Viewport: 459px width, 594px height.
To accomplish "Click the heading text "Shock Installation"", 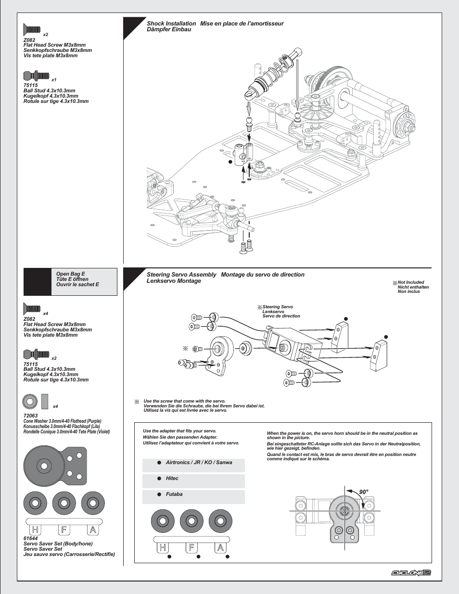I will [x=171, y=24].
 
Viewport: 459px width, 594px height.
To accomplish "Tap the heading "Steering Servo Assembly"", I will [x=181, y=275].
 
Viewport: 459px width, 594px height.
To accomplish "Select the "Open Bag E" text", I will [x=70, y=274].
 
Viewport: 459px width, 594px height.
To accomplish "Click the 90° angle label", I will [x=363, y=492].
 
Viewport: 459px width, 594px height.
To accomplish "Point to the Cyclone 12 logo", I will [x=410, y=572].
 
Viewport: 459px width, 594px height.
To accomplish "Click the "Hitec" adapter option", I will [x=172, y=479].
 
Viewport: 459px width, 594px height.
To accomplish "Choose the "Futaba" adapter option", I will [x=174, y=494].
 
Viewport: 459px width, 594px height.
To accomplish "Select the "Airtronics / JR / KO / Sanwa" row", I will [x=199, y=463].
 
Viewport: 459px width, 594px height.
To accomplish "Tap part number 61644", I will [x=30, y=538].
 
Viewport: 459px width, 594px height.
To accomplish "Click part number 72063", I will [x=30, y=416].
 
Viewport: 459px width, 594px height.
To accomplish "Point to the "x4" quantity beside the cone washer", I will [x=55, y=406].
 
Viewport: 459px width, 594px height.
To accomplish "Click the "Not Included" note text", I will [x=411, y=283].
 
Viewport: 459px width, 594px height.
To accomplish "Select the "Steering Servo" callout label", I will [x=278, y=307].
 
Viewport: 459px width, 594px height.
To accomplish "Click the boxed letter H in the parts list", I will [x=35, y=530].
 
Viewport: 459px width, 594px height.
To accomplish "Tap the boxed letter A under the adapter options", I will [x=220, y=547].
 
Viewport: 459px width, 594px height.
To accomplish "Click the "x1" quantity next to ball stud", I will [x=54, y=80].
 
